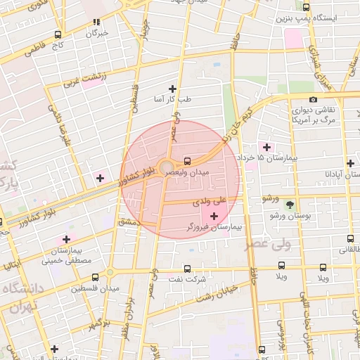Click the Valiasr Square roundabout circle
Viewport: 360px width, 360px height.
click(167, 168)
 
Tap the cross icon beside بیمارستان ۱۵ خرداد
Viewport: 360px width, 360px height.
click(266, 146)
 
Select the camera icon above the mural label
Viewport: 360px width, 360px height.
click(313, 100)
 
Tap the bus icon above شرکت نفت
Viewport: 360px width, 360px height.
click(186, 268)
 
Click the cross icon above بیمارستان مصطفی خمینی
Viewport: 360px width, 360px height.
click(67, 239)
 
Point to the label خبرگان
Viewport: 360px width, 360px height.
click(97, 33)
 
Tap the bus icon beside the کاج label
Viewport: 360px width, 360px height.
click(57, 34)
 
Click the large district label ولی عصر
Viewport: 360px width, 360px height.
click(268, 245)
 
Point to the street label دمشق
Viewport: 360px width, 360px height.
click(129, 221)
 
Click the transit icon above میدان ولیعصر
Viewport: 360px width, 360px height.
click(186, 160)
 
